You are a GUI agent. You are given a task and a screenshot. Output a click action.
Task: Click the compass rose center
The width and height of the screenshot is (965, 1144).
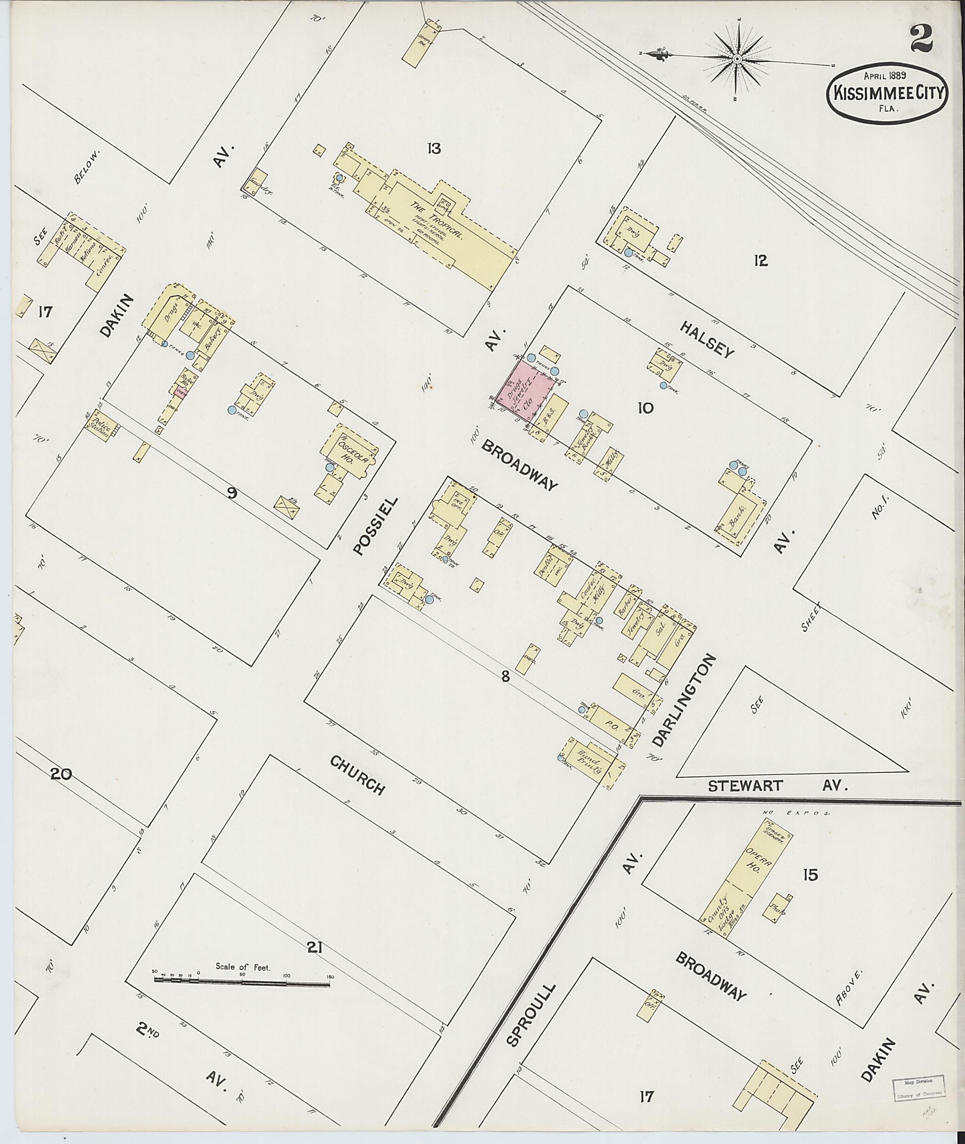[737, 58]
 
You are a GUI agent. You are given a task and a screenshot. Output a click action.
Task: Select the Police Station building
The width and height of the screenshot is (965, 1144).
[102, 425]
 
